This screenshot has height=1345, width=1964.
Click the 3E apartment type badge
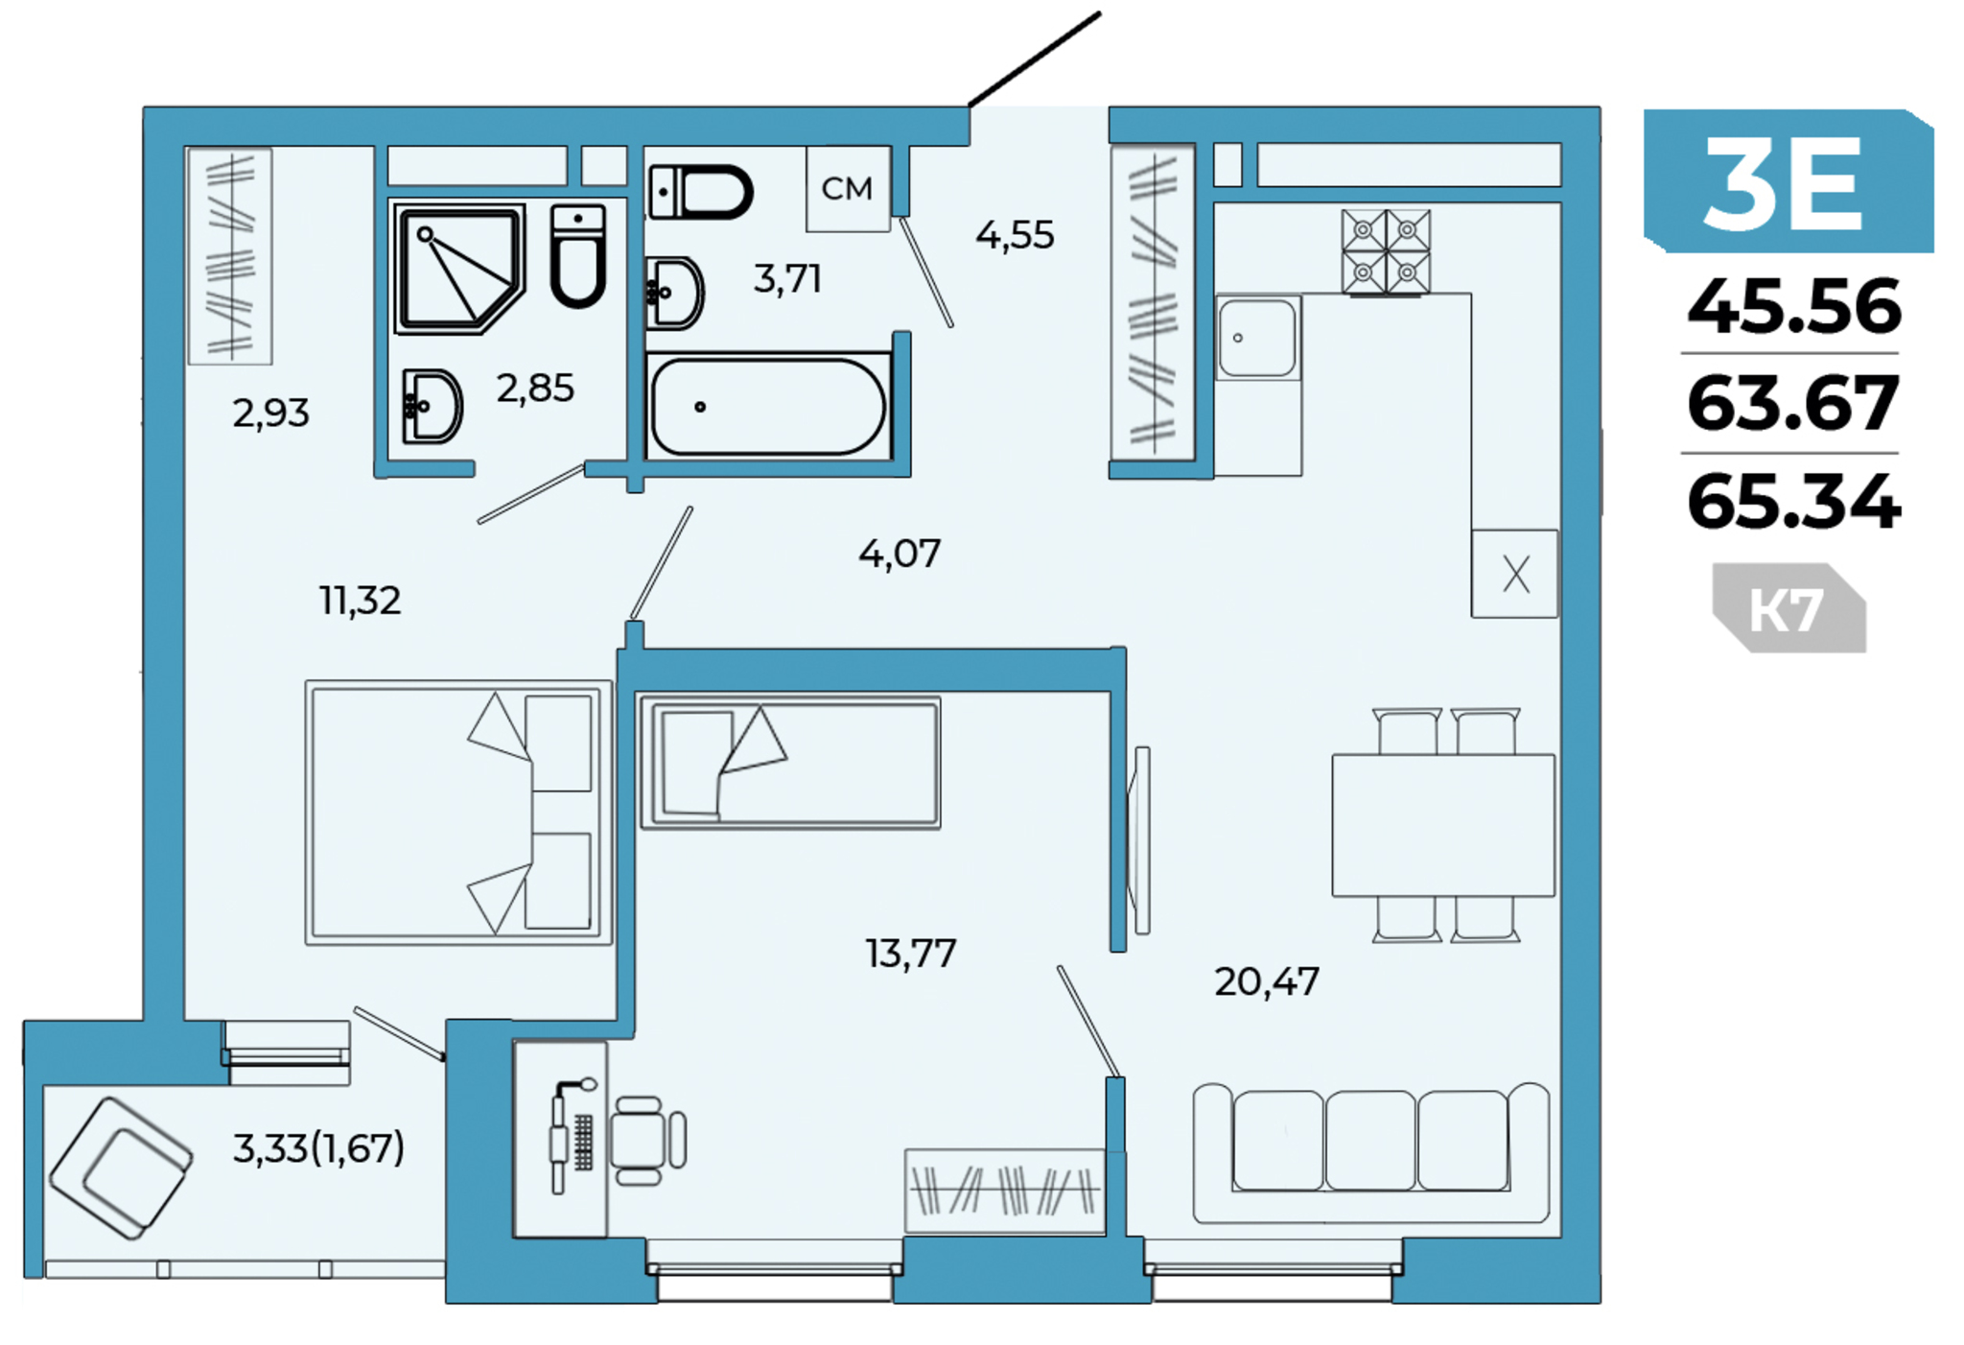[1788, 181]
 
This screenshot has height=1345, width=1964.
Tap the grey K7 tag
[1789, 608]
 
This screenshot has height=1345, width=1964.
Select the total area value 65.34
[1793, 501]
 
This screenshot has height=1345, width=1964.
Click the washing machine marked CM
[848, 189]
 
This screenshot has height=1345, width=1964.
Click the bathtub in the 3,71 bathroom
[767, 406]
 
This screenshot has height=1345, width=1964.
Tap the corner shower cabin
[459, 269]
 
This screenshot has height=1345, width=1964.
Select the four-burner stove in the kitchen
[1386, 252]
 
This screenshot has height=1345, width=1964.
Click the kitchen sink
[1256, 338]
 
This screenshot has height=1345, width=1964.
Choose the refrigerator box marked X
[1515, 574]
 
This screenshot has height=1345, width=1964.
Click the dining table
[1443, 825]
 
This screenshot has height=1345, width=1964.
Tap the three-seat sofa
[1371, 1153]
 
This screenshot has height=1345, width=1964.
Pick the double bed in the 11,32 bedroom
[458, 813]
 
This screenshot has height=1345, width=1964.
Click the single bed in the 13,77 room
[790, 763]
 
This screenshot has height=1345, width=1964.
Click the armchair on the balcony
[121, 1168]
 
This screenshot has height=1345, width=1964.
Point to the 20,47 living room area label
[1267, 981]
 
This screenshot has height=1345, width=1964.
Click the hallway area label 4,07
[900, 554]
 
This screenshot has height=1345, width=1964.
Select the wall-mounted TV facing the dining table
[1139, 840]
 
